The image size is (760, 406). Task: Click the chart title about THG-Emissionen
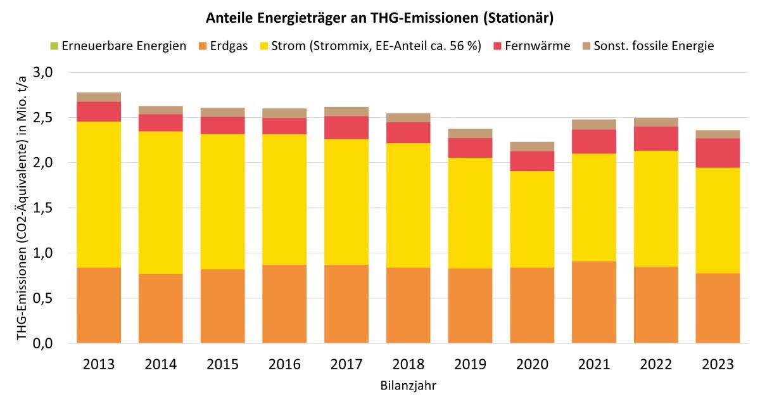(x=380, y=18)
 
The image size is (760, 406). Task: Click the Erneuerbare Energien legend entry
(x=124, y=46)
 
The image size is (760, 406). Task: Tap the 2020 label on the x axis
(x=531, y=365)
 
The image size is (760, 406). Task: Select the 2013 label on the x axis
(x=99, y=365)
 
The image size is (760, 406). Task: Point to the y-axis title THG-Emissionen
(x=22, y=208)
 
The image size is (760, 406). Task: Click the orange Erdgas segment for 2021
(x=593, y=302)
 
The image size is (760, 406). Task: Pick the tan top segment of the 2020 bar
(x=531, y=146)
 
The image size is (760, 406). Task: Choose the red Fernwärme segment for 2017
(x=346, y=127)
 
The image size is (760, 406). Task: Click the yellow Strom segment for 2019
(x=469, y=213)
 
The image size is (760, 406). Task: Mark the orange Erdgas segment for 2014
(x=161, y=308)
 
